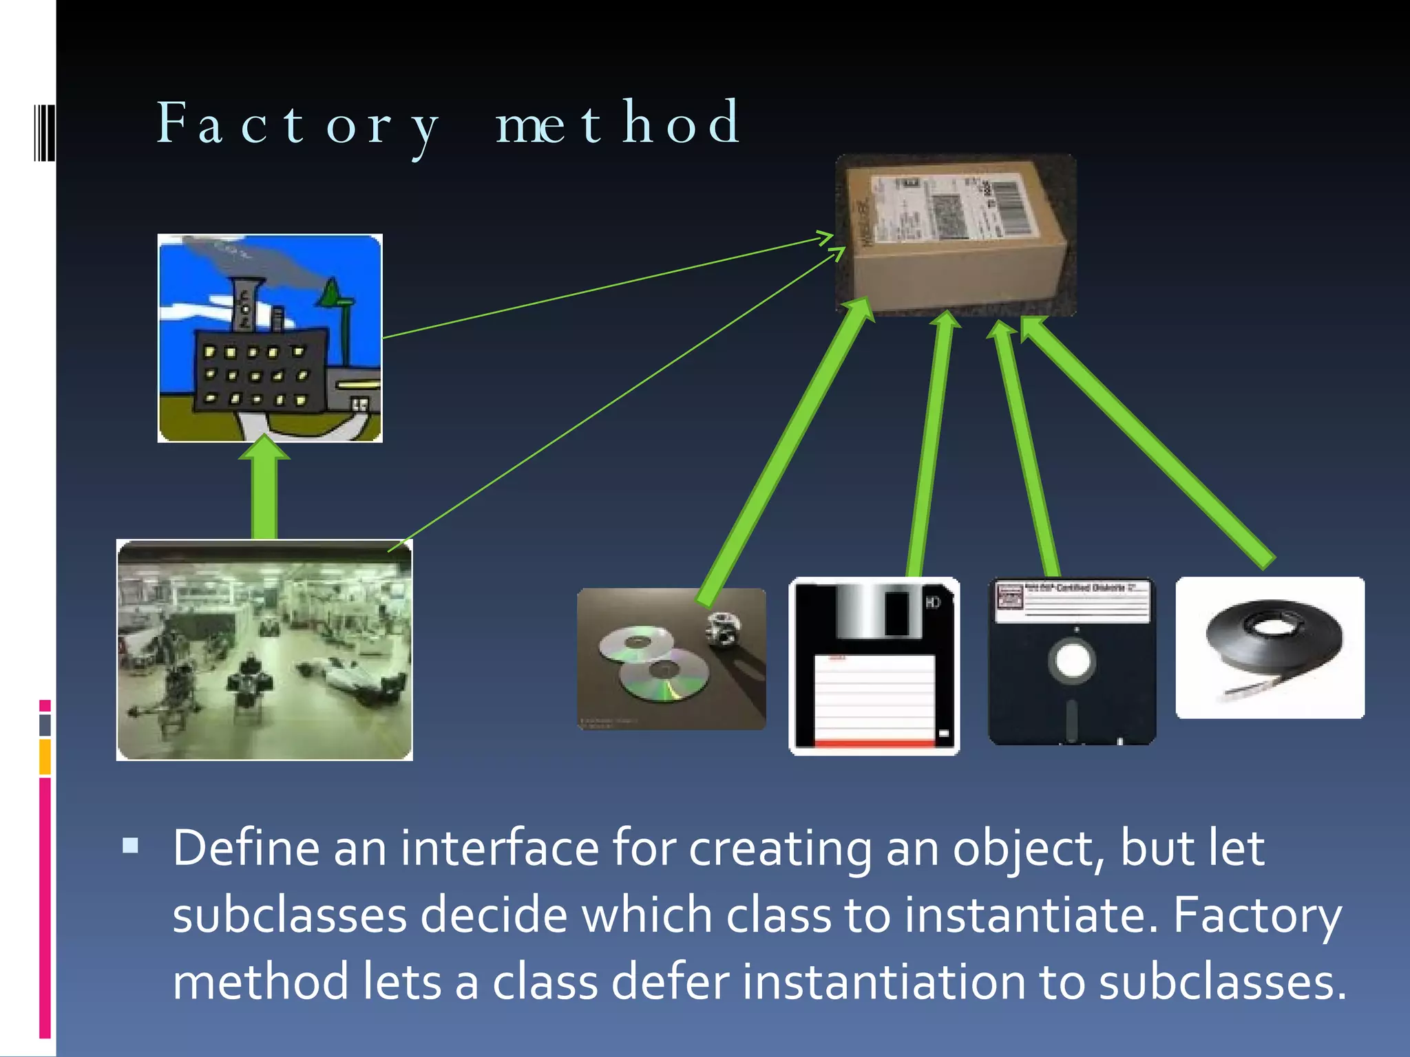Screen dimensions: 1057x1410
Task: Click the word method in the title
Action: tap(618, 124)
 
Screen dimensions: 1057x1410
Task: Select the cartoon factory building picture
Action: tap(270, 338)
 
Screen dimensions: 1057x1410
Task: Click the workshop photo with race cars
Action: tap(264, 650)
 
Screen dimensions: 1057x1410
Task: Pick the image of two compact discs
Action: tap(671, 659)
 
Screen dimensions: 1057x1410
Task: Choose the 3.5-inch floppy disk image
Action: tap(874, 666)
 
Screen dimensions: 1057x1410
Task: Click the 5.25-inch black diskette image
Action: tap(1072, 661)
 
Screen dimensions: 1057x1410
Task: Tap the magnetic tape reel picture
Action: tap(1270, 648)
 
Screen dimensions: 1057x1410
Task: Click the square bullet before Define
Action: tap(130, 845)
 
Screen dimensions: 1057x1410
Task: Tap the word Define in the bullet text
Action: tap(245, 848)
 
